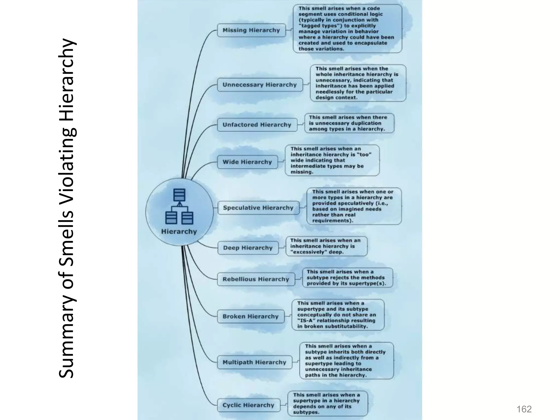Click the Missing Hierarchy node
tap(251, 30)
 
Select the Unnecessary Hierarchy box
tap(260, 85)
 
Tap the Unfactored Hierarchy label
tap(257, 125)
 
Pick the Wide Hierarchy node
tap(247, 162)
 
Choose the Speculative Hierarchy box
tap(258, 208)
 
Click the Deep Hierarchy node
tap(248, 248)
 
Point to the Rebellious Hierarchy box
tap(256, 279)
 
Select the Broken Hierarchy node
tap(250, 316)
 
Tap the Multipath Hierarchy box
tap(254, 362)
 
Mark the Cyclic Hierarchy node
tap(248, 405)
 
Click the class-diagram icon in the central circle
tap(179, 206)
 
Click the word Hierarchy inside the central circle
tap(179, 232)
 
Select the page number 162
tap(524, 409)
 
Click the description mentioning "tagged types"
tap(347, 29)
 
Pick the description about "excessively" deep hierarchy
tap(326, 246)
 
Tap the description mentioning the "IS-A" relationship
tap(338, 315)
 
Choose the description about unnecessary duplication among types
tap(349, 123)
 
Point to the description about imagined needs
tap(354, 206)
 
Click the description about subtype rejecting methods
tap(347, 278)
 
